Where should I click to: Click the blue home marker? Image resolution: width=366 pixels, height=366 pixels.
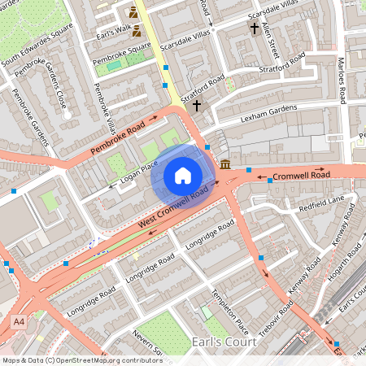[183, 176]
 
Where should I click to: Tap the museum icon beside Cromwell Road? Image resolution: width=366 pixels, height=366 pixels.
[225, 165]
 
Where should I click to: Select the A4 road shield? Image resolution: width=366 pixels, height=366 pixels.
[18, 322]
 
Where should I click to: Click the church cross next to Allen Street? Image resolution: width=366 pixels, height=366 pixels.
[254, 28]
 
